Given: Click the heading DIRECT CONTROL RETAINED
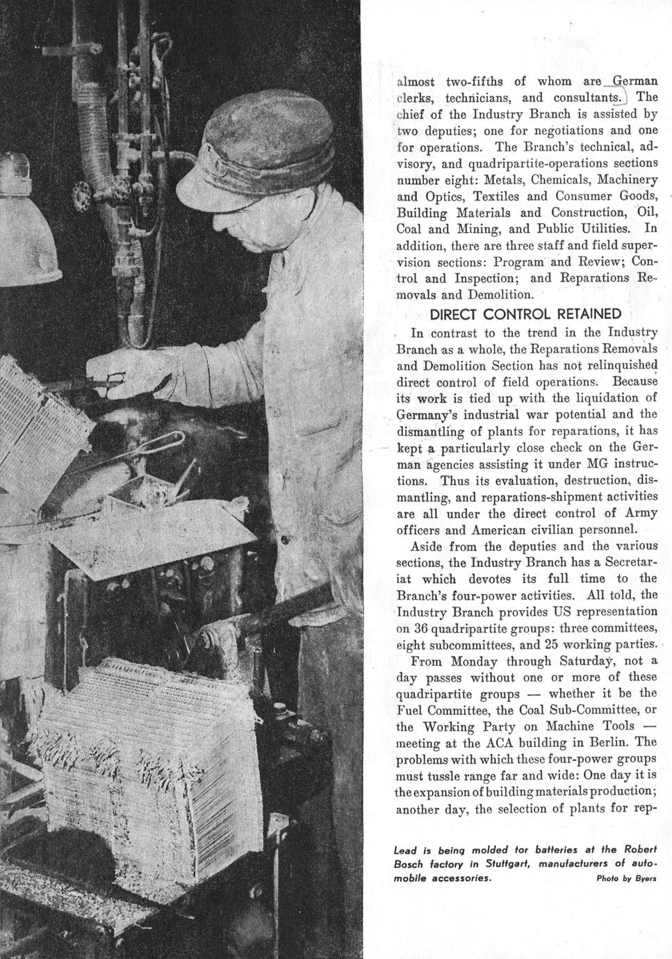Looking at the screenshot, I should [x=525, y=314].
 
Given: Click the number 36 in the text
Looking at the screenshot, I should [x=421, y=628].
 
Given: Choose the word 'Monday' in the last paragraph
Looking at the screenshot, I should [x=474, y=661].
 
